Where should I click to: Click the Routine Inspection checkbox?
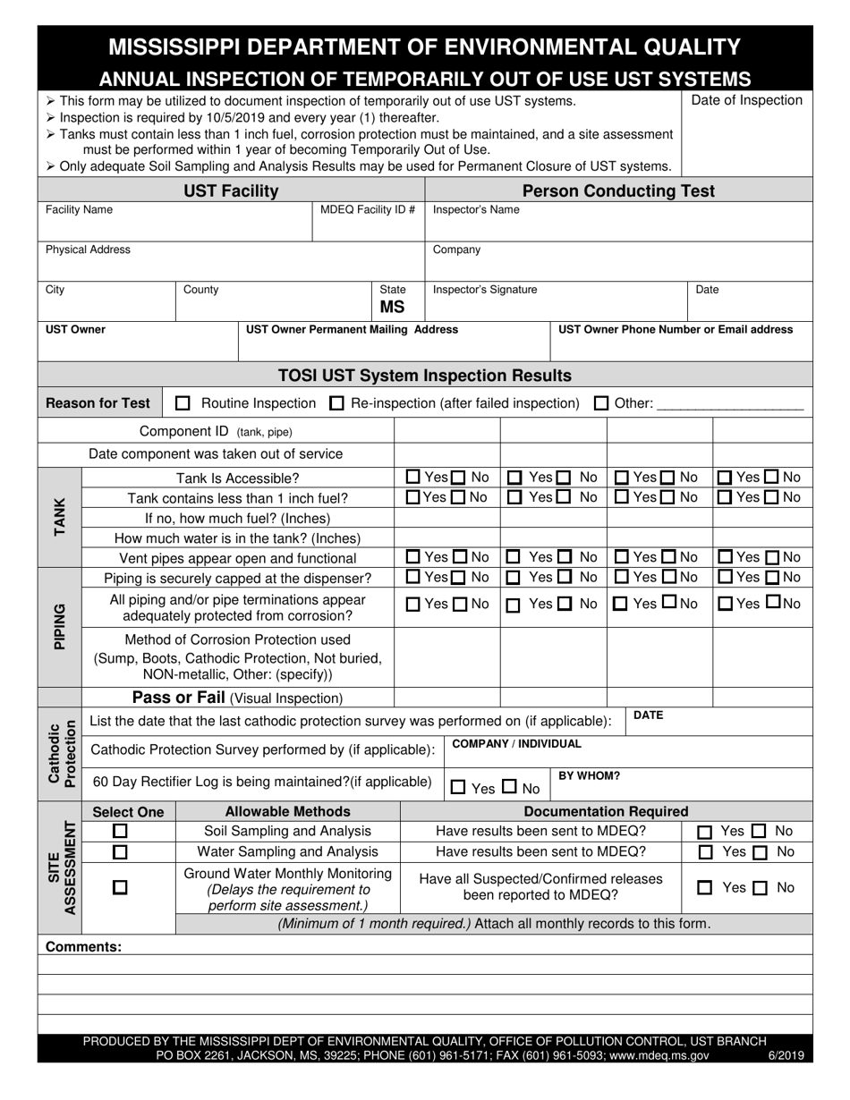[x=183, y=403]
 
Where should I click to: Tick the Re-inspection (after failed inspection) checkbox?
[x=336, y=403]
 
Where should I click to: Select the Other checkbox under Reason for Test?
[x=601, y=403]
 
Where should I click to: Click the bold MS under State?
[x=393, y=307]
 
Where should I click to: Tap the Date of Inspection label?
[x=747, y=100]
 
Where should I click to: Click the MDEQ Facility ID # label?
[x=368, y=210]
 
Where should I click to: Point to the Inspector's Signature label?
[x=485, y=290]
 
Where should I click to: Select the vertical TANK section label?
[x=60, y=516]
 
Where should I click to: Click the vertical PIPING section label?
[x=60, y=626]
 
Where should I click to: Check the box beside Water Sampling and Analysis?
[x=120, y=852]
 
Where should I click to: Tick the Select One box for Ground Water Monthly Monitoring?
[x=120, y=888]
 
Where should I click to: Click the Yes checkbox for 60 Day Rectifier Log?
[x=458, y=788]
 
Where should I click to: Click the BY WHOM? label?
[x=590, y=776]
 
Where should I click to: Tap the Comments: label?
[x=83, y=946]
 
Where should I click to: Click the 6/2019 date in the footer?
[x=786, y=1055]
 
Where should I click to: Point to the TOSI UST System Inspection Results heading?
[x=425, y=376]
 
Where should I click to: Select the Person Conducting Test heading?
[x=618, y=190]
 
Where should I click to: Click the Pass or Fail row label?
[x=237, y=698]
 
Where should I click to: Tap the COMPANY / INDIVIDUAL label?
[x=516, y=744]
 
